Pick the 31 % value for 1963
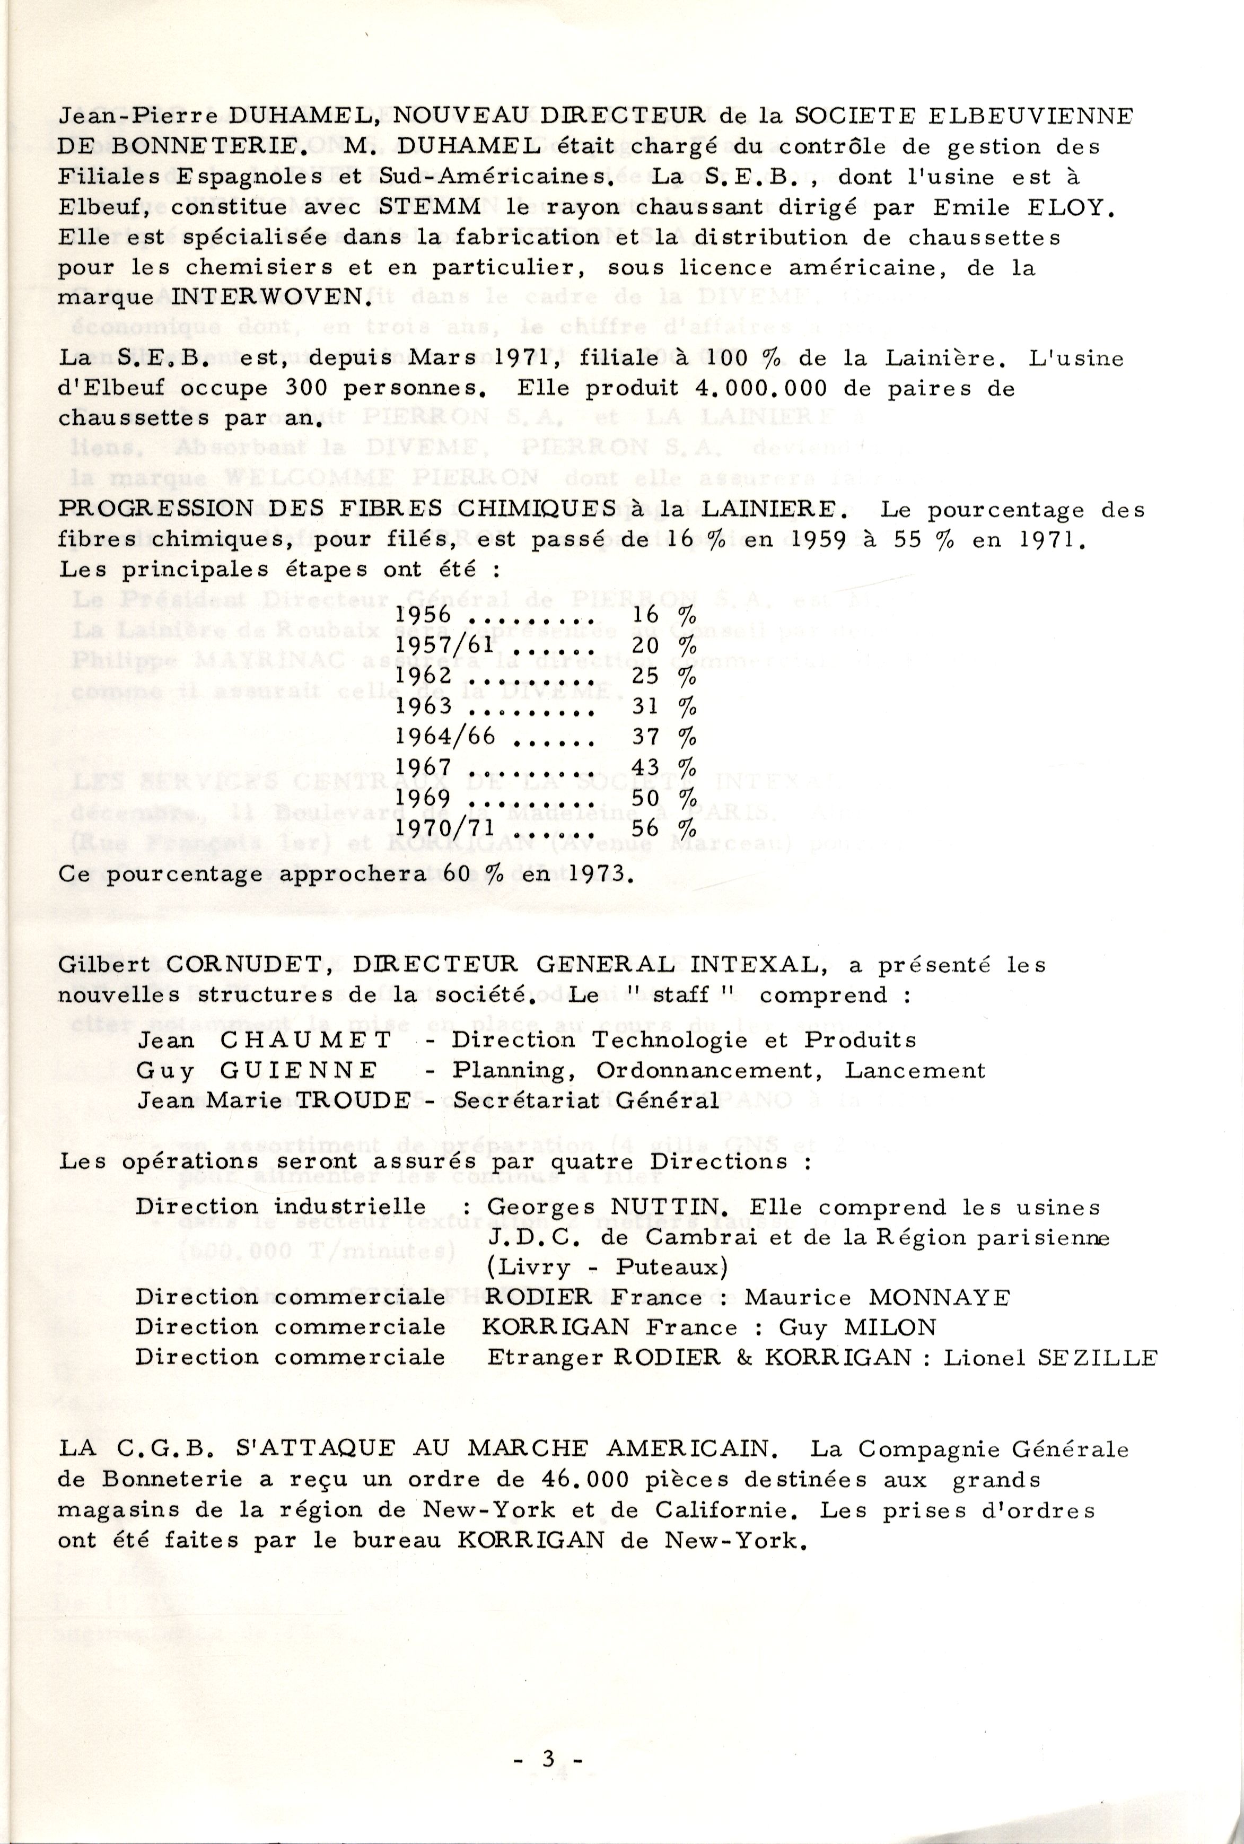pyautogui.click(x=664, y=706)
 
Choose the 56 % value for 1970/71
pyautogui.click(x=664, y=827)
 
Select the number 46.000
pyautogui.click(x=585, y=1480)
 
